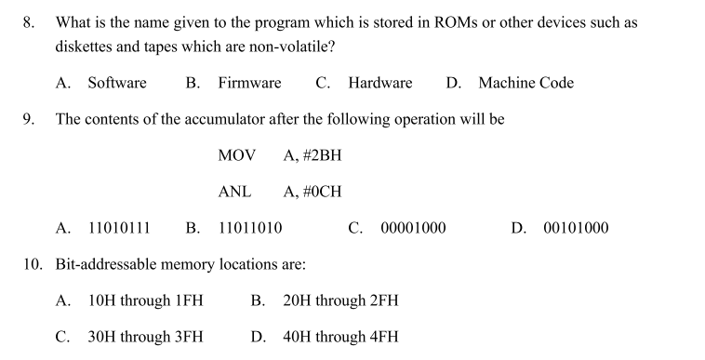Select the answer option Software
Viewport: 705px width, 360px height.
[x=117, y=83]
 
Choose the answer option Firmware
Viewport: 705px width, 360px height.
[x=249, y=83]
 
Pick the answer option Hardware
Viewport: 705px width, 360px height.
[x=379, y=83]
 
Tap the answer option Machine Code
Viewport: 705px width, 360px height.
[x=525, y=83]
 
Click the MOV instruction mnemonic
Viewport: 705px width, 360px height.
[x=236, y=155]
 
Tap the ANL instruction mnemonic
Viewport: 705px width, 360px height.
[x=234, y=192]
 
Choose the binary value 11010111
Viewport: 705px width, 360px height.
[x=119, y=228]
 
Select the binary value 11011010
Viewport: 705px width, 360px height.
[x=250, y=228]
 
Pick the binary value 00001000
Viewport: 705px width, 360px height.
[x=413, y=228]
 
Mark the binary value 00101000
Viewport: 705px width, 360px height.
[x=576, y=228]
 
